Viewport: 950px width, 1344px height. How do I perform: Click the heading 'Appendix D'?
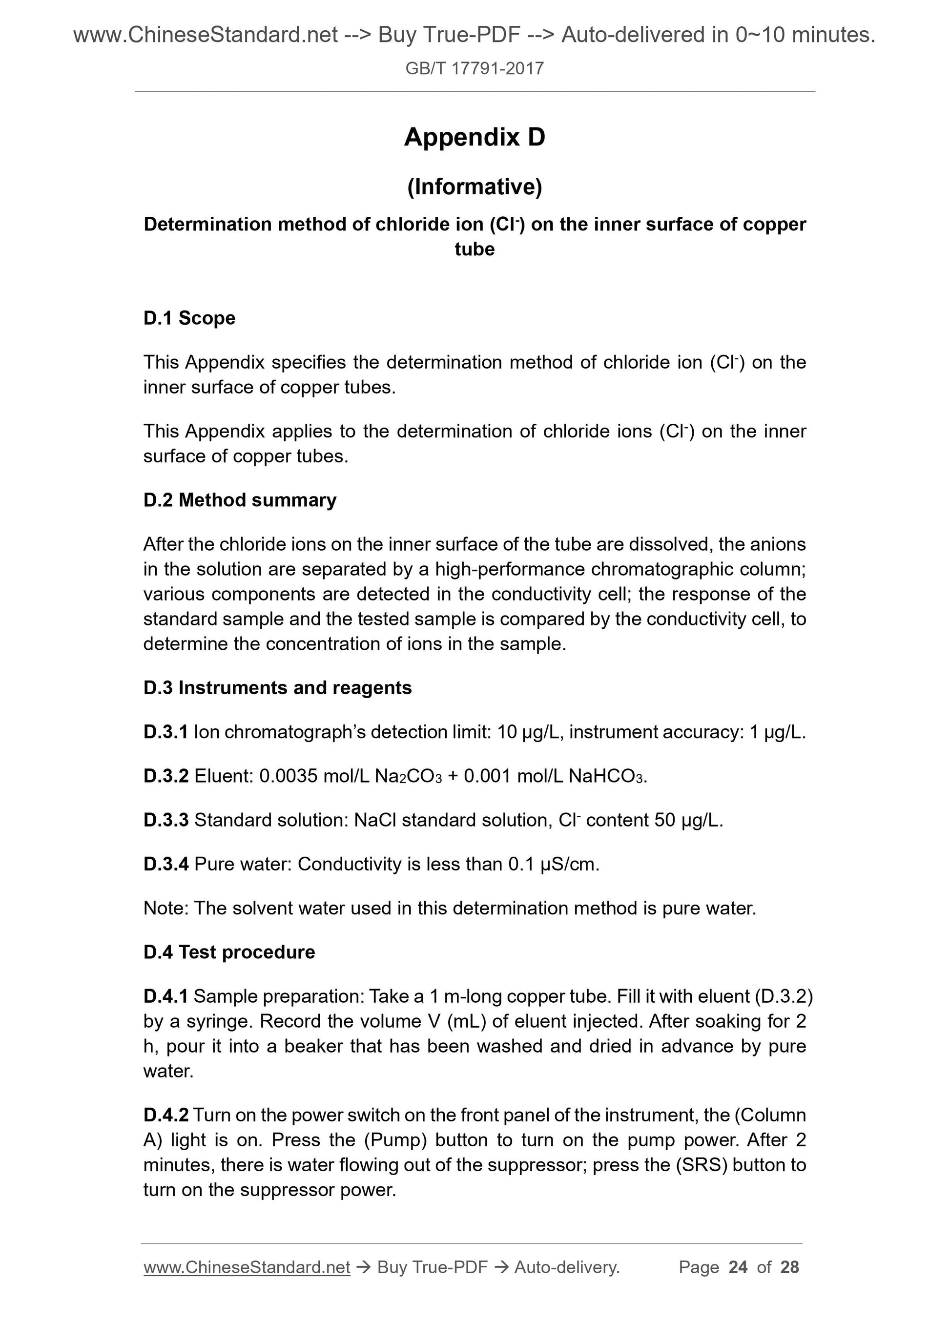[475, 138]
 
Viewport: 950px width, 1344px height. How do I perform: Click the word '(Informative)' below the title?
[475, 186]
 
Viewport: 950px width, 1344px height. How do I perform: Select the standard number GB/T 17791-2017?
[475, 69]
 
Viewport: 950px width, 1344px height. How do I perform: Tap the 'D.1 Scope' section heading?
[189, 318]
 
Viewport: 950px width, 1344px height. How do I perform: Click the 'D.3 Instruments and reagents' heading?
[277, 688]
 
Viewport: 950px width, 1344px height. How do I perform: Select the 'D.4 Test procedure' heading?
[229, 952]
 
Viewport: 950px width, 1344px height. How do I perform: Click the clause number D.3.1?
[165, 732]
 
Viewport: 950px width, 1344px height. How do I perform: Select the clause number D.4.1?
[165, 996]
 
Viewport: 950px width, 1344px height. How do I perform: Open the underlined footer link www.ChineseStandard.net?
[247, 1267]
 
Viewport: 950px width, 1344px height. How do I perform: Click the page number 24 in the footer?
[738, 1267]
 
